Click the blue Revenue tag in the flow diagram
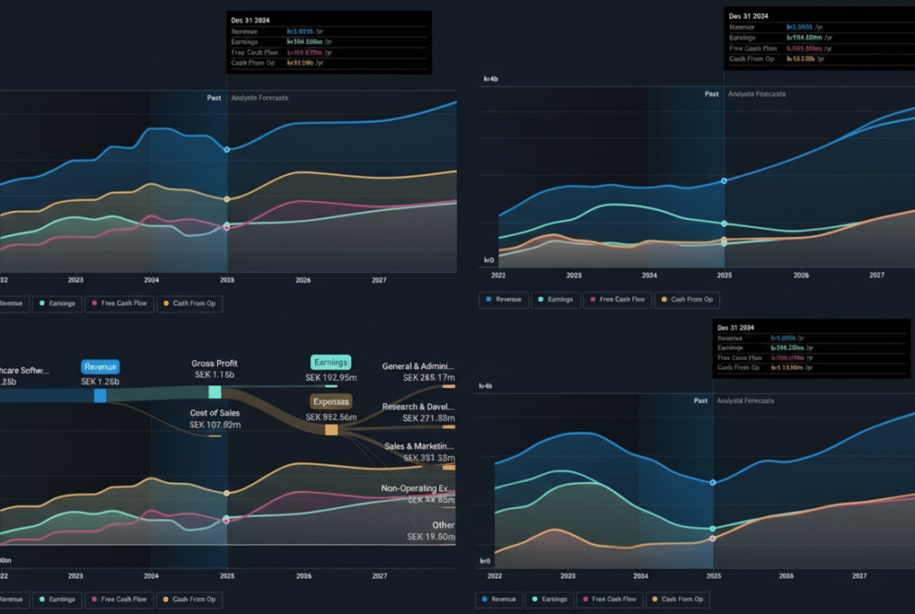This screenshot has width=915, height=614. (x=100, y=367)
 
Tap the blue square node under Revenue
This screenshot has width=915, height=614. (x=100, y=395)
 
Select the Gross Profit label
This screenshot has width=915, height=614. (x=213, y=363)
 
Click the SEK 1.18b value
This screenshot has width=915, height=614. (x=213, y=375)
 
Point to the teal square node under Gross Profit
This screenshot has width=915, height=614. (x=214, y=392)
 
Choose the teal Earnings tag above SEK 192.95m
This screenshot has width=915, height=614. (x=330, y=363)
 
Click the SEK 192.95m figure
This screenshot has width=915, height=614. (x=330, y=378)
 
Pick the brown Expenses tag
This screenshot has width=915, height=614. (x=330, y=401)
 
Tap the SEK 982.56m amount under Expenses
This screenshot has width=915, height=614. (x=330, y=416)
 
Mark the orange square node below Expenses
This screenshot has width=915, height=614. (x=331, y=430)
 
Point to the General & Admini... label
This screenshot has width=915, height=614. (x=418, y=366)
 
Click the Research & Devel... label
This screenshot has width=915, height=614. (x=418, y=406)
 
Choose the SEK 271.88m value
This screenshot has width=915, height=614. (x=428, y=418)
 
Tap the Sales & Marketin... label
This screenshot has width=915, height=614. (x=418, y=446)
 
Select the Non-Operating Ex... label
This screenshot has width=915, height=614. (x=418, y=488)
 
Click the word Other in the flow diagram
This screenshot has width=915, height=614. (x=443, y=525)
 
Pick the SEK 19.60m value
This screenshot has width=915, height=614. (x=430, y=537)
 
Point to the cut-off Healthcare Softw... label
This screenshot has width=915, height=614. (x=24, y=369)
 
